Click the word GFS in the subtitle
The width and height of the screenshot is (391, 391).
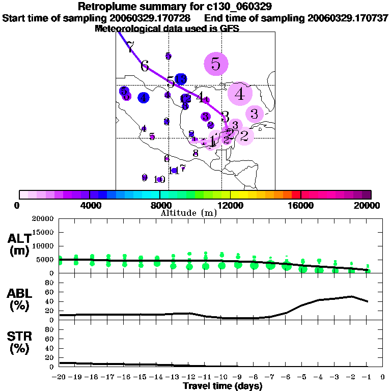230,29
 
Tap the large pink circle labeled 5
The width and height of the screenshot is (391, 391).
216,64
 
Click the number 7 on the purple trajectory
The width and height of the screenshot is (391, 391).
130,48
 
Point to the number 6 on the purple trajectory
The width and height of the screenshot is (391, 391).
145,66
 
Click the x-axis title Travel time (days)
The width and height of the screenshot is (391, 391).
222,386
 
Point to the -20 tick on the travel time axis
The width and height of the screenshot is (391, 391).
60,377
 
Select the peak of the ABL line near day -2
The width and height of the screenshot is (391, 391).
351,296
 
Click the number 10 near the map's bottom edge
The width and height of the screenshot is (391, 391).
159,179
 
